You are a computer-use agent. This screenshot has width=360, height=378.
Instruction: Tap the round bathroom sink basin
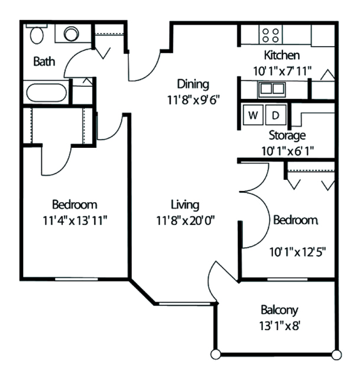(x=72, y=34)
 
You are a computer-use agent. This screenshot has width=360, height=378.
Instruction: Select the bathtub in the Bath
(x=47, y=92)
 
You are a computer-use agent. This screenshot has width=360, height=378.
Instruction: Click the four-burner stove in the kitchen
(x=270, y=35)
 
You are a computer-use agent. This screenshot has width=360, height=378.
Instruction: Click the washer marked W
(x=253, y=115)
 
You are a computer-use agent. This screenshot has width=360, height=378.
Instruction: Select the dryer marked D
(x=275, y=115)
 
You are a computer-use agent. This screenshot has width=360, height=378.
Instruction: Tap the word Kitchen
(x=282, y=55)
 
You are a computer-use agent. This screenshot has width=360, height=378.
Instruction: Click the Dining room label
(x=193, y=85)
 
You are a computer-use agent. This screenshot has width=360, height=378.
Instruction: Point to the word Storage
(x=287, y=135)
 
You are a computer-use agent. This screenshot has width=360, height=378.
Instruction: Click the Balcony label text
(x=279, y=310)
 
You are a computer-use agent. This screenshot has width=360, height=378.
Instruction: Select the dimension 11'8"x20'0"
(x=185, y=220)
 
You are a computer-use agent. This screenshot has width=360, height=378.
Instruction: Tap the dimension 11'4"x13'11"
(x=74, y=220)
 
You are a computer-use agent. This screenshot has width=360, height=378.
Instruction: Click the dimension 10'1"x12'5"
(x=297, y=252)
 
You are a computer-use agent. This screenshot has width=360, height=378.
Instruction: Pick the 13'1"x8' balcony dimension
(x=279, y=326)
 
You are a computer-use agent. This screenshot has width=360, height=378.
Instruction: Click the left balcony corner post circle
(x=215, y=354)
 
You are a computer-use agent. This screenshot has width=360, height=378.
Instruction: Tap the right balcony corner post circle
(x=336, y=355)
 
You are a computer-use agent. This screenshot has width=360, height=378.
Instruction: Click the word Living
(x=185, y=205)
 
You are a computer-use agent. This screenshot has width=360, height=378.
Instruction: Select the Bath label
(x=44, y=62)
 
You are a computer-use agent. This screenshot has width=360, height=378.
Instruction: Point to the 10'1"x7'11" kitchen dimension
(x=282, y=71)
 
